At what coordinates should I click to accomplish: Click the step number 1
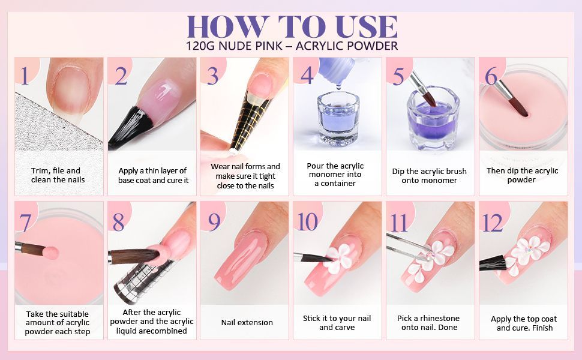point(25,76)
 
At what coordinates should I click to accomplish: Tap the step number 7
point(25,223)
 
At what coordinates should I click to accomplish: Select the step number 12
point(492,223)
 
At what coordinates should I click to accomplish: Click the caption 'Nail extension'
point(247,323)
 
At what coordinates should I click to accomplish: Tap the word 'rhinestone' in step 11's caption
point(439,318)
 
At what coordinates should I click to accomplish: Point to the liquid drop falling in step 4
point(338,86)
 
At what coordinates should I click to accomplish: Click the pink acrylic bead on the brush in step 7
point(51,253)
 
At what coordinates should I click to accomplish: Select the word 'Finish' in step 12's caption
point(542,328)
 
